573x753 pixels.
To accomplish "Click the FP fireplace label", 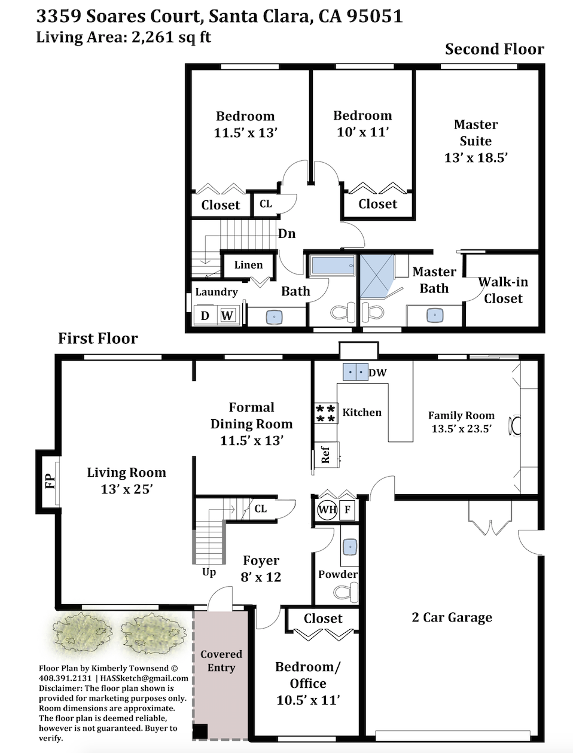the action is pos(50,481).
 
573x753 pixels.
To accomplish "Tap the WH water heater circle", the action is pos(327,510).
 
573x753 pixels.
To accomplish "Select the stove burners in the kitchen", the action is pos(325,413).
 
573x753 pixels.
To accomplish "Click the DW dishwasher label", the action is pos(377,373).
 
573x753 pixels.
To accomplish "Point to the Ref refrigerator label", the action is pos(325,455).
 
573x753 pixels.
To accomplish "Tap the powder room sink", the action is pos(350,547).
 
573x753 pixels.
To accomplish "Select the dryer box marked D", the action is pos(205,315).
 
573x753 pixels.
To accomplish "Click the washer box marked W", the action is pos(227,315).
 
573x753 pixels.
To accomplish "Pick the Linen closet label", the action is pos(249,265).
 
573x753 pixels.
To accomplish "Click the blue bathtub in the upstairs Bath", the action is pos(333,265).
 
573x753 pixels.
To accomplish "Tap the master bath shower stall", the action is pos(377,276).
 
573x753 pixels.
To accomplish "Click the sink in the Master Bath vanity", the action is pos(435,315).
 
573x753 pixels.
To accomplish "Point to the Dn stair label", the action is pos(286,234).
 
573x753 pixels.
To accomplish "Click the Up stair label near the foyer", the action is pos(209,572).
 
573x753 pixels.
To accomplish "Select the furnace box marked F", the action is pos(347,510).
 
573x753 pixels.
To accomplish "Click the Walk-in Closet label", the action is pos(503,290).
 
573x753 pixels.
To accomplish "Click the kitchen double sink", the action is pos(356,372).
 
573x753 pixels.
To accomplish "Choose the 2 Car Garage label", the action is pos(452,617).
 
